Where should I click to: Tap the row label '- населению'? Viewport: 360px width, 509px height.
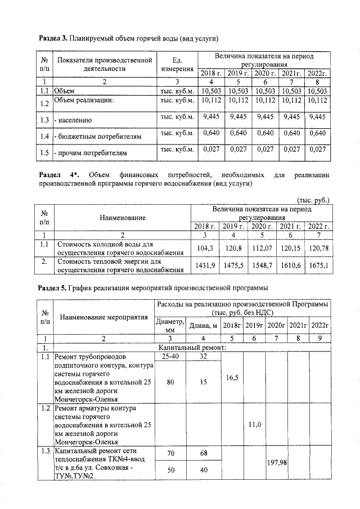point(73,120)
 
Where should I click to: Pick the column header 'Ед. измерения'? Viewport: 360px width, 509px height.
point(177,64)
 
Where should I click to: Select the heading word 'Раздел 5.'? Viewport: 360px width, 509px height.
point(53,288)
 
